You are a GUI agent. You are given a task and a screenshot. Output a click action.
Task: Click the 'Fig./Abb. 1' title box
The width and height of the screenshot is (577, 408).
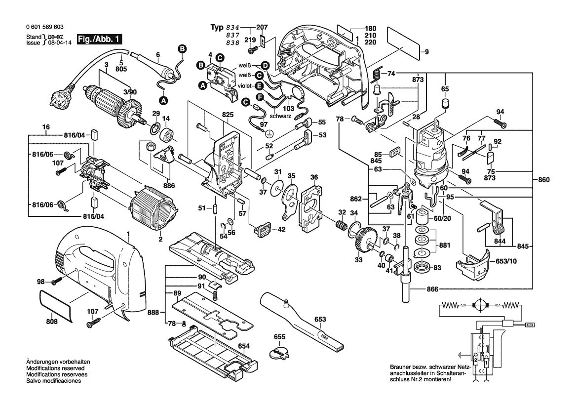click(99, 40)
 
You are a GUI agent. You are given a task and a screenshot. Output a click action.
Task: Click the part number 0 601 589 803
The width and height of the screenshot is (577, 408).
click(45, 27)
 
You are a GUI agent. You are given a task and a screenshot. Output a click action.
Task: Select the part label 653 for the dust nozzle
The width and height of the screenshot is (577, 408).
click(320, 319)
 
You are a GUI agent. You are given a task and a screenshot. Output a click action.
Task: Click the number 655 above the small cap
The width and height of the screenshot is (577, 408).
click(280, 336)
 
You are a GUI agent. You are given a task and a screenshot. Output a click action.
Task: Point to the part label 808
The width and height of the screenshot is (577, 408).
click(52, 322)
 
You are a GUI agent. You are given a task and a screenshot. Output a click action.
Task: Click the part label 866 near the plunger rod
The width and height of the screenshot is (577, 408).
click(432, 289)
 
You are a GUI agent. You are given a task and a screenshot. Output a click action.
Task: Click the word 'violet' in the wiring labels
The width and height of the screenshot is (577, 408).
click(244, 86)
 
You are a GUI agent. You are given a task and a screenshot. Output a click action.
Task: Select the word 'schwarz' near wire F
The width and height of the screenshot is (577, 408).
click(280, 116)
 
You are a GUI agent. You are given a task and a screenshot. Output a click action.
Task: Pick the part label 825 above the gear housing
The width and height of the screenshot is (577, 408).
click(228, 115)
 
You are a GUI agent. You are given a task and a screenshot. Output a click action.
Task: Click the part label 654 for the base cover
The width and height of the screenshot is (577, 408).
click(244, 346)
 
